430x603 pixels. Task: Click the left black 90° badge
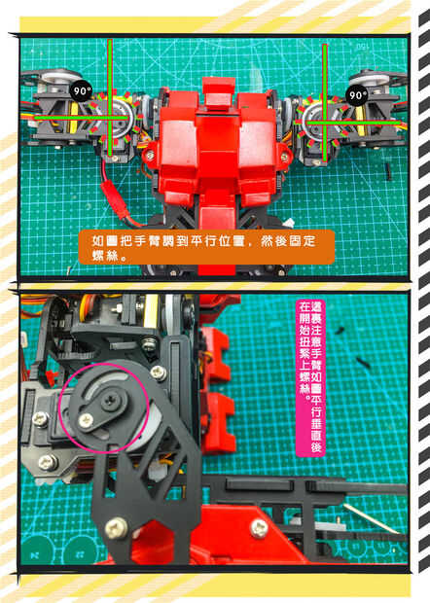pos(81,92)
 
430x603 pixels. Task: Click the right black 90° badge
pos(357,94)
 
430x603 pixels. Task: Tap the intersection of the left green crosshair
pos(110,118)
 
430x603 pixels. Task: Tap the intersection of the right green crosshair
pos(325,123)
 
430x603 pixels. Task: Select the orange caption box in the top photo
pos(206,247)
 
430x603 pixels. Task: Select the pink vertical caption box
pos(310,377)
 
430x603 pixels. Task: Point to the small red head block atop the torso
pos(218,92)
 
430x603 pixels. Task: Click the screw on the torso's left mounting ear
pos(150,156)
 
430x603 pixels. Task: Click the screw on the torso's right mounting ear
pos(284,157)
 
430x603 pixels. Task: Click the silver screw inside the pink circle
pos(86,421)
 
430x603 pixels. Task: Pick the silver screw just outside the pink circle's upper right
pos(158,372)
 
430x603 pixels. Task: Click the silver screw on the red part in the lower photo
pos(259,528)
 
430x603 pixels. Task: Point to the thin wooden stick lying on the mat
pos(373,518)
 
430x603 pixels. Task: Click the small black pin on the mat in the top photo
pos(387,168)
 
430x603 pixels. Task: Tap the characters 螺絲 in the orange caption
pos(105,255)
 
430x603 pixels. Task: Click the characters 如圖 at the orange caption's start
pos(105,241)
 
